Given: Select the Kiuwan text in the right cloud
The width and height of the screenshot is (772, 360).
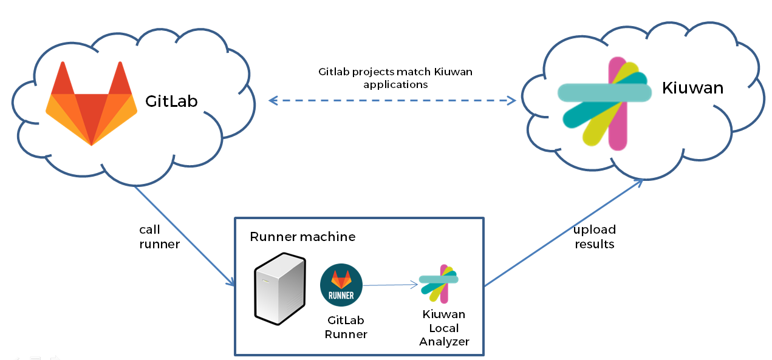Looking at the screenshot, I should [692, 89].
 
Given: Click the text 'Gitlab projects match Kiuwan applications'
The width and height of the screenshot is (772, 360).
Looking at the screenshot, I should [395, 78].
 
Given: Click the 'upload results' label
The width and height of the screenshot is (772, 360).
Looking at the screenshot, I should [595, 237].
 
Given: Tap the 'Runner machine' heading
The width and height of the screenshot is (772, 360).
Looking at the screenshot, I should [302, 236].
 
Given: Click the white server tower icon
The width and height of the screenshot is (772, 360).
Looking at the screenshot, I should [279, 288].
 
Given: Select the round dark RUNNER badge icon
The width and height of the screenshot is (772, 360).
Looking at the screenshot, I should [341, 285].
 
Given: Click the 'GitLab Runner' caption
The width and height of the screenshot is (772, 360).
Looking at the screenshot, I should [346, 327].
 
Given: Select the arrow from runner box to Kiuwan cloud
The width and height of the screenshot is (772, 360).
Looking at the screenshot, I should [562, 233].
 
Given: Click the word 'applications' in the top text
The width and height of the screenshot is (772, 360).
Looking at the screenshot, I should [395, 84].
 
